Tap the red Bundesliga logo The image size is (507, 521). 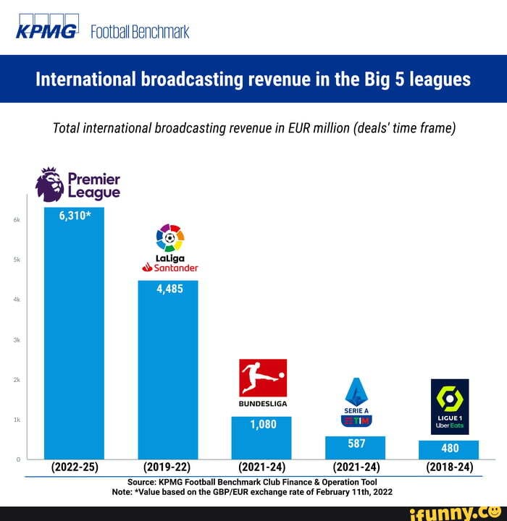pyautogui.click(x=262, y=378)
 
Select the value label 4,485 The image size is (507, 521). pyautogui.click(x=169, y=289)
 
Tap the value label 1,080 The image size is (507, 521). pyautogui.click(x=263, y=425)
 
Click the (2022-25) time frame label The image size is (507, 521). pyautogui.click(x=75, y=467)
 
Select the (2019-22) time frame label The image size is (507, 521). pyautogui.click(x=168, y=467)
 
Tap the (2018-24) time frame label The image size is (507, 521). pyautogui.click(x=449, y=467)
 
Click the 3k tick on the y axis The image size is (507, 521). pyautogui.click(x=16, y=339)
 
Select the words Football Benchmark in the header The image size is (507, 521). pyautogui.click(x=141, y=31)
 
